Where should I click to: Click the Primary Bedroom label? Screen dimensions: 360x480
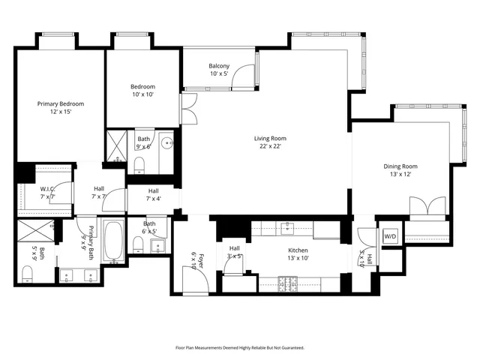tap(61, 107)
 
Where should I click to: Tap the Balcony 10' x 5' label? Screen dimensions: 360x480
tap(218, 70)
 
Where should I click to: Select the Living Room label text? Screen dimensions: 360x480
tap(269, 142)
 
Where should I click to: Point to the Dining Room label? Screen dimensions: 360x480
tap(400, 170)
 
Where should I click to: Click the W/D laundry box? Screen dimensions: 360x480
tap(390, 237)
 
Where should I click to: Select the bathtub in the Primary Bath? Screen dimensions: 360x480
tap(113, 241)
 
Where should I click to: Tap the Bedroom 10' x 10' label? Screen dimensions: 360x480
tap(142, 91)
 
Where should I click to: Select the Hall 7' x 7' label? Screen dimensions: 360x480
tap(98, 193)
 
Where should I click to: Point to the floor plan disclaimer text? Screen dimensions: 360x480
tap(240, 348)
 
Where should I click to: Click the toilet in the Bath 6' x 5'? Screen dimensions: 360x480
tap(136, 246)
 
